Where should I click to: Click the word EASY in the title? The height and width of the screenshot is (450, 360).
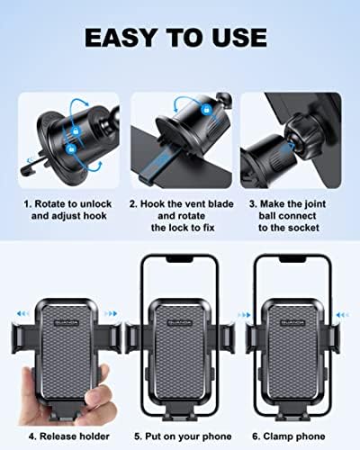pos(121,38)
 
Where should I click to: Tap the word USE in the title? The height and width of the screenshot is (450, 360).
pos(238,38)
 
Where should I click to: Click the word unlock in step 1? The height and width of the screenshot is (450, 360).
pos(95,204)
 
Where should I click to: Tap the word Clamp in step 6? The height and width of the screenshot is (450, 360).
pos(277,436)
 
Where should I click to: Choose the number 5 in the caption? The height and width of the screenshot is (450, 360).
pos(138,436)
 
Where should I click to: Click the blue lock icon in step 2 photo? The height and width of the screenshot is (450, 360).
pos(206,109)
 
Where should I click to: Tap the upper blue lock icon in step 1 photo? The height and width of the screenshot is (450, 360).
pos(76,130)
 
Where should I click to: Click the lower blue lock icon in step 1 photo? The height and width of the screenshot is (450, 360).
pos(71,148)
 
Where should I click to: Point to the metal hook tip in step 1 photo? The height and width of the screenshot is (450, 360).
pos(24,172)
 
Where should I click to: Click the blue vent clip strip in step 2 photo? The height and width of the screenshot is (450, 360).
pos(155,166)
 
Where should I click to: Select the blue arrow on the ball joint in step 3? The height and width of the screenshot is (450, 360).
pos(289,148)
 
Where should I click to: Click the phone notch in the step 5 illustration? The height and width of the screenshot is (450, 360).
pos(180,259)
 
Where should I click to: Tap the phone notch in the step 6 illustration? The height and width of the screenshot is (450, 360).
pos(292,259)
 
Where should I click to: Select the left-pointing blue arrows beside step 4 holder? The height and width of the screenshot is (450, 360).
pos(22,314)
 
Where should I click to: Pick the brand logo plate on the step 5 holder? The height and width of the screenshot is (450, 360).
pos(180,323)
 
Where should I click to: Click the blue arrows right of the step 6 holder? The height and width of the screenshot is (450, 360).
pos(342,315)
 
